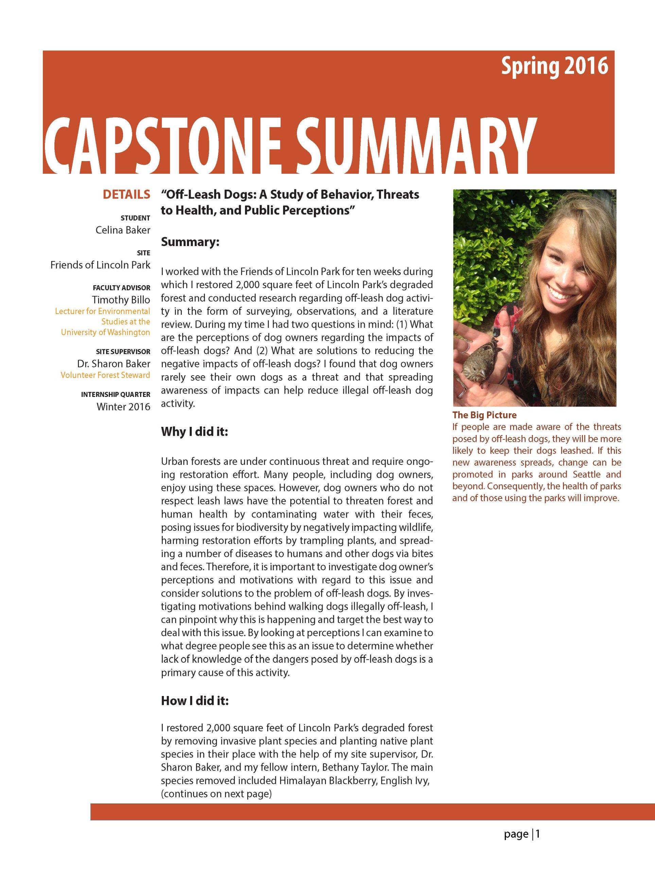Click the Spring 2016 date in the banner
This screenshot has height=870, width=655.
pos(554,66)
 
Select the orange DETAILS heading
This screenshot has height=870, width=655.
pos(126,194)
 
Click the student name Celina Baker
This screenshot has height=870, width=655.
pos(123,230)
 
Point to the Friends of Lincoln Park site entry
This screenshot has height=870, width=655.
pos(100,265)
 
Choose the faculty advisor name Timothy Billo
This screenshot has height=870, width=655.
pos(121,300)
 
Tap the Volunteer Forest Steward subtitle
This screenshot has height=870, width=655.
pos(105,375)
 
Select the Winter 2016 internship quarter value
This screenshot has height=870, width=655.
pos(123,407)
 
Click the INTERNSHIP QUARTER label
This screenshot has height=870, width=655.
pos(116,395)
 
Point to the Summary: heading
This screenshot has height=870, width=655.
pos(190,242)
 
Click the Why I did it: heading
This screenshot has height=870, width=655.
pos(194,432)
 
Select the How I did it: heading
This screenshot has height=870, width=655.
pos(195,701)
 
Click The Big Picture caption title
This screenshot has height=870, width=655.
pos(484,415)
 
